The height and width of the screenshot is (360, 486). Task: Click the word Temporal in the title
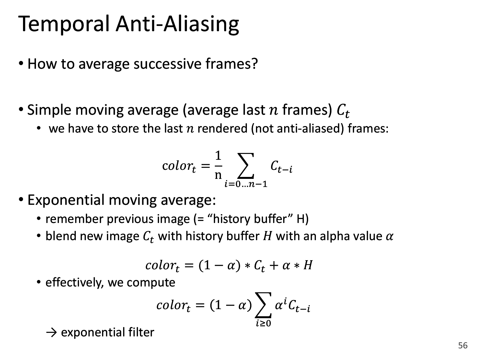point(64,24)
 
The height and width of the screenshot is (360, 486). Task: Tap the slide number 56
point(463,345)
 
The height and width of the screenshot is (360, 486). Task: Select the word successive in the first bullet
point(168,64)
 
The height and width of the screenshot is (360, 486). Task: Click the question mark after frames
point(254,64)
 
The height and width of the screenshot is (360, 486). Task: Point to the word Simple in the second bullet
point(49,110)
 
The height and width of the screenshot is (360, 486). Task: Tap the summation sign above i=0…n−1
point(246,166)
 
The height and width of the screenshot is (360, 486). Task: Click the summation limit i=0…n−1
point(246,184)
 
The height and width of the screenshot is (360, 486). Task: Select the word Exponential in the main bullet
point(66,201)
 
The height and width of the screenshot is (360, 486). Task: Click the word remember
point(74,219)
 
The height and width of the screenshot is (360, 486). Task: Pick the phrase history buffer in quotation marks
point(249,219)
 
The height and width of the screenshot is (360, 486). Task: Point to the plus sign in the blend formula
point(274,265)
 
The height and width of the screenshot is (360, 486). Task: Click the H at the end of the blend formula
point(308,265)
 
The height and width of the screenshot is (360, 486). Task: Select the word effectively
point(74,283)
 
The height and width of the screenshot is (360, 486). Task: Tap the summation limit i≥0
point(263,323)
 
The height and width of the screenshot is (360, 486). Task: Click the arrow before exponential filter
point(52,333)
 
